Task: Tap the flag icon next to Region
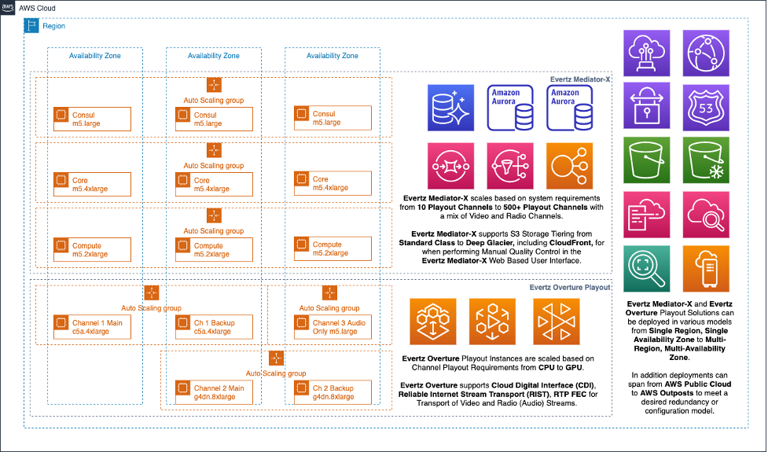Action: pyautogui.click(x=31, y=26)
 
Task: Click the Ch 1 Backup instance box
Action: pyautogui.click(x=213, y=326)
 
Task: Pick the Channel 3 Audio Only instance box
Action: pyautogui.click(x=332, y=326)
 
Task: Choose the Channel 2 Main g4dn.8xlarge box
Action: pyautogui.click(x=213, y=391)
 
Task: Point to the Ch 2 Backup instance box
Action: pyautogui.click(x=332, y=391)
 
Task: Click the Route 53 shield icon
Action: pyautogui.click(x=705, y=105)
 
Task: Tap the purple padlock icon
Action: pyautogui.click(x=646, y=105)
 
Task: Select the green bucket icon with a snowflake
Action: pyautogui.click(x=705, y=160)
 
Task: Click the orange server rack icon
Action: pyautogui.click(x=705, y=269)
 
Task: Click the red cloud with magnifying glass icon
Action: pyautogui.click(x=705, y=214)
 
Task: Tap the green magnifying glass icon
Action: pyautogui.click(x=646, y=269)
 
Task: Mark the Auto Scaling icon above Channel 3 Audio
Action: pyautogui.click(x=329, y=293)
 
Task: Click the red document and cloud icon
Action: pyautogui.click(x=646, y=214)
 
